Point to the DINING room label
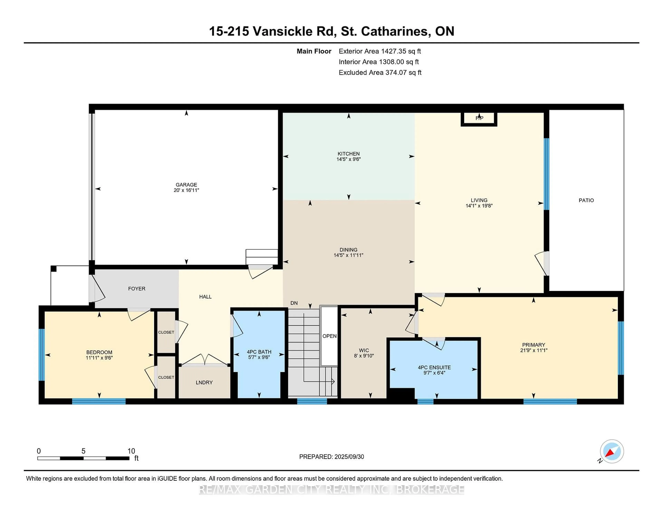pos(348,250)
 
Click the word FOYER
pos(137,288)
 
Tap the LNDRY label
pos(204,382)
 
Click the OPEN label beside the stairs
pos(329,336)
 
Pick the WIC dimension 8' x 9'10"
pos(364,356)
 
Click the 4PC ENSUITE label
pos(434,367)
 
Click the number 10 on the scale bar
pos(131,451)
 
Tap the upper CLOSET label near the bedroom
pos(166,332)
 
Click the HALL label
pos(205,297)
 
